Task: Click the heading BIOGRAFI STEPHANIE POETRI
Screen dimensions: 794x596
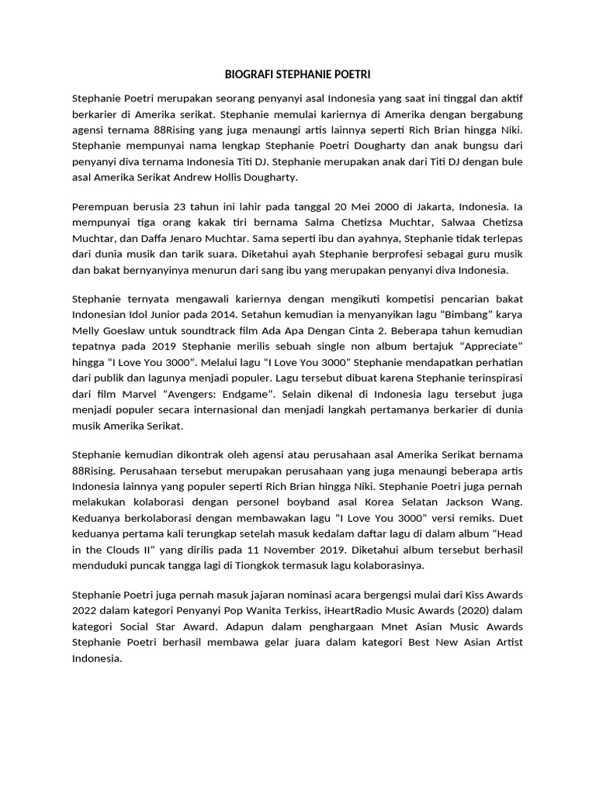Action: pos(297,74)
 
